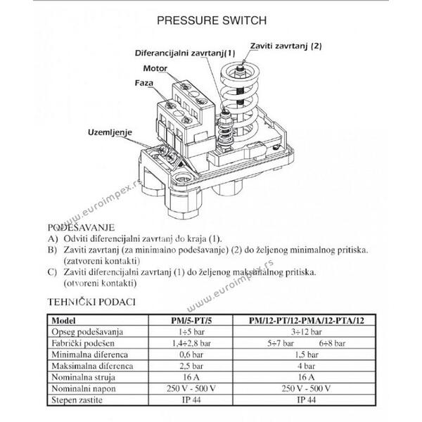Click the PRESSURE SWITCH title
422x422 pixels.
pos(212,20)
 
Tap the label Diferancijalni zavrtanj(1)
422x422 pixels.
pos(185,53)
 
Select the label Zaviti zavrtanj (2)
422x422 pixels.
pos(286,46)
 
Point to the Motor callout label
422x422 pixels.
pos(155,68)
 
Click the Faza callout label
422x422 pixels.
pos(144,83)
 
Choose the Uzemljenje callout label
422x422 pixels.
pos(110,132)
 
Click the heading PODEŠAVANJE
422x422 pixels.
pos(81,228)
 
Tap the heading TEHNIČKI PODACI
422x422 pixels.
pos(91,302)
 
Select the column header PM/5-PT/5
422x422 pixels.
pos(191,321)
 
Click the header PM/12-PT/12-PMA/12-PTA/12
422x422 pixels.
pos(306,321)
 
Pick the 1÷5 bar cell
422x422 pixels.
pos(191,332)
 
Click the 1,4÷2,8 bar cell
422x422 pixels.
pos(191,343)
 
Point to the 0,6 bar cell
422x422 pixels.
pos(191,354)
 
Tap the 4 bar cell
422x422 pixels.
pos(306,366)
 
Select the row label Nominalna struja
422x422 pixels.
pos(84,377)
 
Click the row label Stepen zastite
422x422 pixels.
pos(77,400)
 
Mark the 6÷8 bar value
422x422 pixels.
pos(332,343)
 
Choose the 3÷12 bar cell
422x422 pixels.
pos(306,332)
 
